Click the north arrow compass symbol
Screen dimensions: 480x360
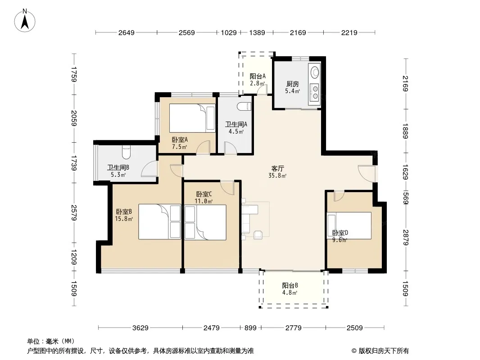coord(25,21)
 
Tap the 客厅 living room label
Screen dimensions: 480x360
coord(278,169)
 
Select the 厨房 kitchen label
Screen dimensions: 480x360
coord(292,84)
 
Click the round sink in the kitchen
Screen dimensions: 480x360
coord(315,72)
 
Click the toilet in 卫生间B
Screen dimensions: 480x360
coord(126,152)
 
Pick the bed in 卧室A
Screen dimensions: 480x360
coord(192,118)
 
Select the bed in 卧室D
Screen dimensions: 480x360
coord(349,225)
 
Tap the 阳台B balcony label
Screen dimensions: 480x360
coord(290,285)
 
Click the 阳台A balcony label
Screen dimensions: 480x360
coord(258,76)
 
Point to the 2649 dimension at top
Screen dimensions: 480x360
coord(127,32)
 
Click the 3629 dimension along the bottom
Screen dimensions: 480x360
coord(140,328)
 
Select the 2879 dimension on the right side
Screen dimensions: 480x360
coord(405,237)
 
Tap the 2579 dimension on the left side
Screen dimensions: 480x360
coord(74,212)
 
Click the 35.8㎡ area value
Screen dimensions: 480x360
coord(277,176)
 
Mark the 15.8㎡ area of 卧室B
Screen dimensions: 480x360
coord(124,219)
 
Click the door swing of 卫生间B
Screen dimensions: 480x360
coord(149,169)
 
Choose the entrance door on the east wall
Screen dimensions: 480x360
coord(367,174)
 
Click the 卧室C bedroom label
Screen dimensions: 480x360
coord(204,194)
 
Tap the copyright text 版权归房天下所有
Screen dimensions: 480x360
coord(384,351)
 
